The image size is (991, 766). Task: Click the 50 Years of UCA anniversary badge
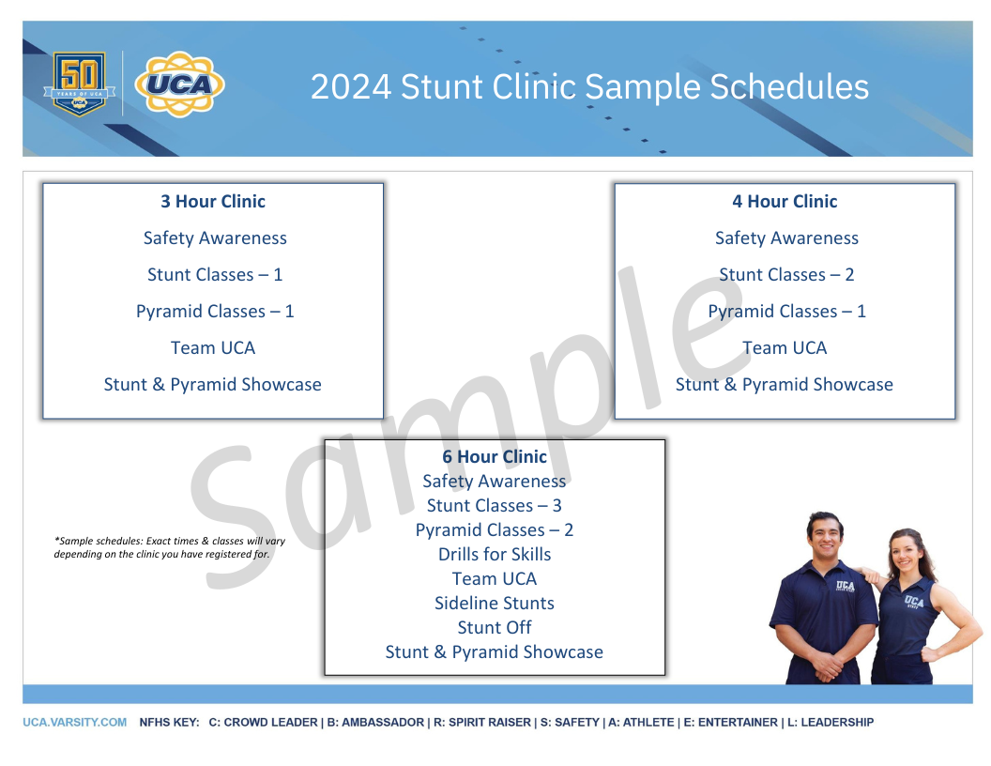tap(79, 84)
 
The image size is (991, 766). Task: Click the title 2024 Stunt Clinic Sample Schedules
tap(589, 87)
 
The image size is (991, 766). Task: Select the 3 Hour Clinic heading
tap(213, 202)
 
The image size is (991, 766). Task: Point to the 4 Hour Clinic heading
tap(785, 202)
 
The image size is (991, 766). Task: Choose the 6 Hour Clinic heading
tap(495, 457)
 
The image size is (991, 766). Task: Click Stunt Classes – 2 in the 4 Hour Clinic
tap(786, 275)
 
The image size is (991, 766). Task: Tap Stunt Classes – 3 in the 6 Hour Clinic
tap(495, 506)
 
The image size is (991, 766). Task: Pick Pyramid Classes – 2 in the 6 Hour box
tap(495, 530)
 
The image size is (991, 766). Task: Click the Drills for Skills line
tap(495, 555)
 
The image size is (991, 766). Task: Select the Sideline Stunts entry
tap(495, 604)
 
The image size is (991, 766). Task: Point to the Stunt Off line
tap(495, 628)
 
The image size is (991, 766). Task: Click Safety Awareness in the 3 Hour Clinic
tap(215, 238)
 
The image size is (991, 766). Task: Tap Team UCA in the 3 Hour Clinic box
tap(213, 348)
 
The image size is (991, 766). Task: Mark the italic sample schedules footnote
tap(170, 547)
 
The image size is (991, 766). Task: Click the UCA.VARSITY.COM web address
tap(75, 723)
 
